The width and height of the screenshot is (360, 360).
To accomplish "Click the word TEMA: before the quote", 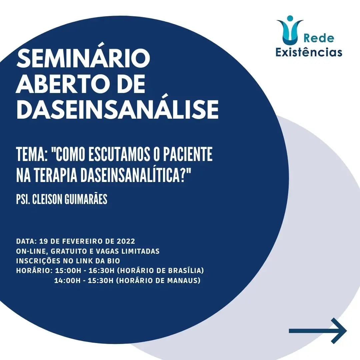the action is coord(32,154).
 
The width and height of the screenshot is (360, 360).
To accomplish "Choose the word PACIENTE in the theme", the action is coord(188,154).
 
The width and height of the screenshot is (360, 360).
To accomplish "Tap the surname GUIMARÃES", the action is coord(86,199).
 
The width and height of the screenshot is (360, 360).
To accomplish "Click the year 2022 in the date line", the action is coord(126,241).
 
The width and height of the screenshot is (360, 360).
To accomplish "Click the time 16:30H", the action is coord(101,271).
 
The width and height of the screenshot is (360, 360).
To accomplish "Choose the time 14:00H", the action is coord(67,281).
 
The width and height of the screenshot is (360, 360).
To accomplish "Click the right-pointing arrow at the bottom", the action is coord(318,331).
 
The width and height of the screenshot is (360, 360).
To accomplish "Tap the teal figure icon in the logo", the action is coord(290,30).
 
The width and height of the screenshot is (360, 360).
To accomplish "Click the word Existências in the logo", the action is coord(309,52).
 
